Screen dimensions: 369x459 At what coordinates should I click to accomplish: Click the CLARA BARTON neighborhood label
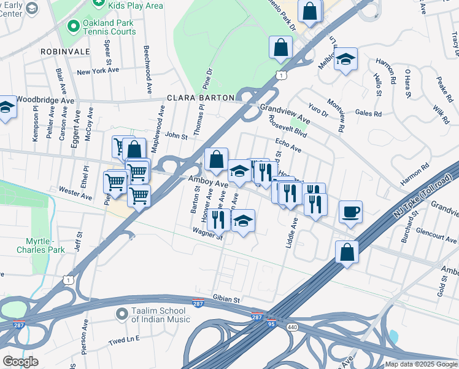point(201,98)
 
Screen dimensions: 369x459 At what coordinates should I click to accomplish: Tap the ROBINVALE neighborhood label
point(60,52)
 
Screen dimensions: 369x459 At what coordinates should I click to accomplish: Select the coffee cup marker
point(351,212)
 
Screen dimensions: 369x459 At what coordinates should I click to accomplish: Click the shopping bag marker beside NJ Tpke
point(347,252)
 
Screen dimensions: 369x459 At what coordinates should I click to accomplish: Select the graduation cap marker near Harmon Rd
point(346,60)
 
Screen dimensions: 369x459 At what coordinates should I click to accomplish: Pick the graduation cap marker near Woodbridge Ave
point(6,108)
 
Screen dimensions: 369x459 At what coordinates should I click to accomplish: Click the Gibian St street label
point(226,299)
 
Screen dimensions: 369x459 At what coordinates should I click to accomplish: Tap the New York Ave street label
point(98,71)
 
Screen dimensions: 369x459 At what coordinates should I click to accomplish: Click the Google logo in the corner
point(20,361)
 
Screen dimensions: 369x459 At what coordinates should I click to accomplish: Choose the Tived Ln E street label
point(125,339)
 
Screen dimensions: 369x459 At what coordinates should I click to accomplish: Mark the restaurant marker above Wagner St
point(218,218)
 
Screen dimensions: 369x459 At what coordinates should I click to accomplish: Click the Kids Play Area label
point(136,6)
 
